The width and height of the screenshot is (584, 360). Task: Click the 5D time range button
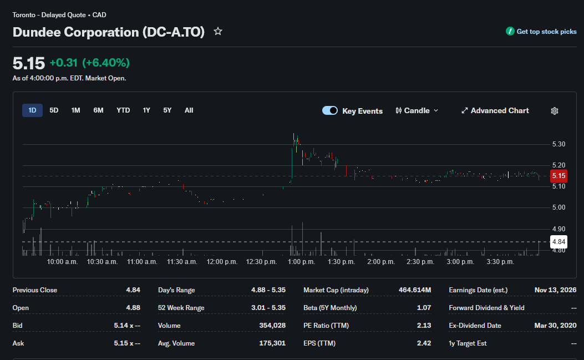click(54, 110)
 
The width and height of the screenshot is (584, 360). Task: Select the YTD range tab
click(123, 110)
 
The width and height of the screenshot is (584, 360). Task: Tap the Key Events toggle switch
click(330, 111)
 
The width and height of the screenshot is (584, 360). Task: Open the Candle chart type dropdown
click(417, 111)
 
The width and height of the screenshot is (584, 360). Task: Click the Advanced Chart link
click(495, 111)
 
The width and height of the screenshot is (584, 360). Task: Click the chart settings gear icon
click(555, 111)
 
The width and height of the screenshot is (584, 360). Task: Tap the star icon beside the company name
click(218, 32)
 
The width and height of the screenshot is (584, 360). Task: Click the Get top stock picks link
click(541, 32)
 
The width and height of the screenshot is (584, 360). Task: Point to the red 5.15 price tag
click(558, 176)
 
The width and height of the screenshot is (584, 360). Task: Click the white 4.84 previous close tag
click(558, 242)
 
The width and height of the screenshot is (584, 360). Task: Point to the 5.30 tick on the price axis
click(558, 144)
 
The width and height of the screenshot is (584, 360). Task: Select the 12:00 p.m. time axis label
click(222, 262)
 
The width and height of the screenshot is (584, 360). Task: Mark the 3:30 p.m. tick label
click(500, 262)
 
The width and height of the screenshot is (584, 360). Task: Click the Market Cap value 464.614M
click(414, 290)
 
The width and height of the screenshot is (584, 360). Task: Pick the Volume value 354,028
click(272, 326)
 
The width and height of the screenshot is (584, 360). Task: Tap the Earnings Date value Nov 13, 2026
click(555, 290)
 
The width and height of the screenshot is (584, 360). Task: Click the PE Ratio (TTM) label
click(326, 326)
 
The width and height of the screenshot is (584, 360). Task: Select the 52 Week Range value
click(268, 308)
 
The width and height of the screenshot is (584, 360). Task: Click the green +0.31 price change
click(64, 63)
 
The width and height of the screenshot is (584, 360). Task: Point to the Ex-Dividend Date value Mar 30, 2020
click(555, 326)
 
